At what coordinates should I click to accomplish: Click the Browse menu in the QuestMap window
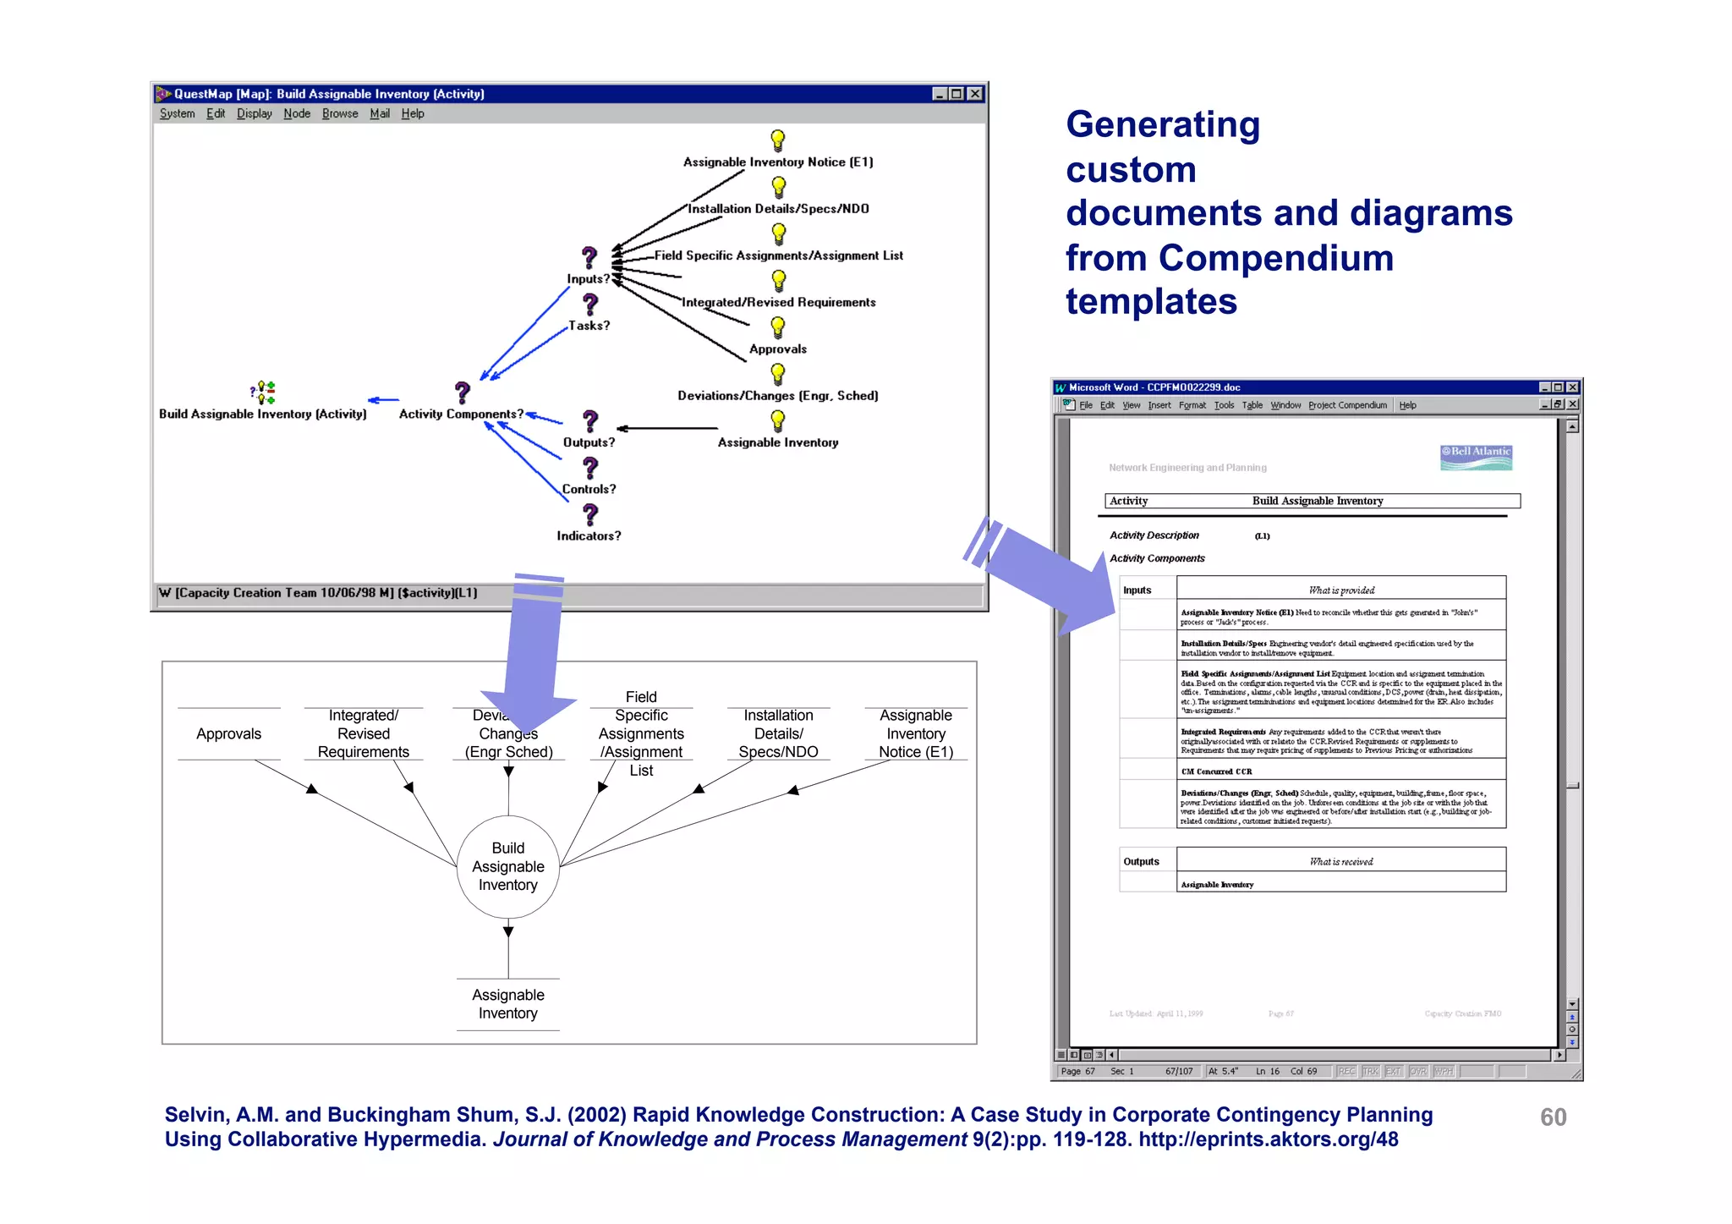click(x=339, y=113)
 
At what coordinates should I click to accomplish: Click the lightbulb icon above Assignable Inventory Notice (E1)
click(x=777, y=140)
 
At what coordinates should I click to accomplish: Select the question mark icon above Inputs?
click(x=589, y=257)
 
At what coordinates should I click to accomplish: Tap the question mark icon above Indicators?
click(x=590, y=514)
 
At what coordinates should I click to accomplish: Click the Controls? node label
click(x=589, y=489)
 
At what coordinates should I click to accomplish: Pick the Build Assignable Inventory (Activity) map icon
click(x=263, y=392)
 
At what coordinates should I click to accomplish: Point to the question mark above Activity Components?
click(x=462, y=392)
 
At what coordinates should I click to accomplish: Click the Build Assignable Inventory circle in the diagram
click(x=507, y=866)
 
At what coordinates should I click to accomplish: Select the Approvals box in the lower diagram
click(x=228, y=733)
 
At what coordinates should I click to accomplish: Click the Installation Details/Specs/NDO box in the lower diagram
click(x=778, y=733)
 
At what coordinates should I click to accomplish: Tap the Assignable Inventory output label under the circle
click(x=507, y=1004)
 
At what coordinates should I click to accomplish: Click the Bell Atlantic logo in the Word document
click(x=1476, y=457)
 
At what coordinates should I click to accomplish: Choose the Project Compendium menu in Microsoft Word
click(x=1347, y=405)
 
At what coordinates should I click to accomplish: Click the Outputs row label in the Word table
click(x=1141, y=861)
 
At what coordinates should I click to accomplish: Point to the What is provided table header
click(x=1340, y=590)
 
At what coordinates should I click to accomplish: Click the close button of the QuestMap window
click(x=975, y=94)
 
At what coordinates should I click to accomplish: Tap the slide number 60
click(x=1553, y=1117)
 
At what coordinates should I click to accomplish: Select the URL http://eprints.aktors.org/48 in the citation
click(x=1268, y=1139)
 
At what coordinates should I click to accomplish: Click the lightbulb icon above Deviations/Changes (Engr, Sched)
click(x=777, y=373)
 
